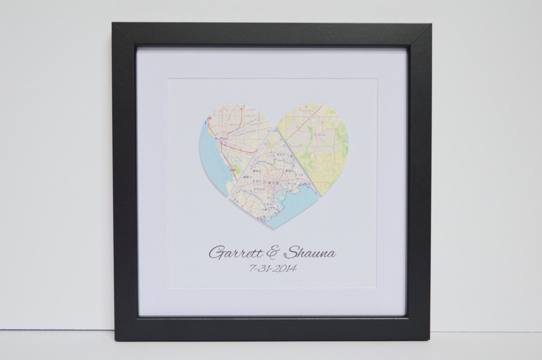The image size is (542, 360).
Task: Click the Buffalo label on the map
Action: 222,138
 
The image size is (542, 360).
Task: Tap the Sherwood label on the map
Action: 318,134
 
